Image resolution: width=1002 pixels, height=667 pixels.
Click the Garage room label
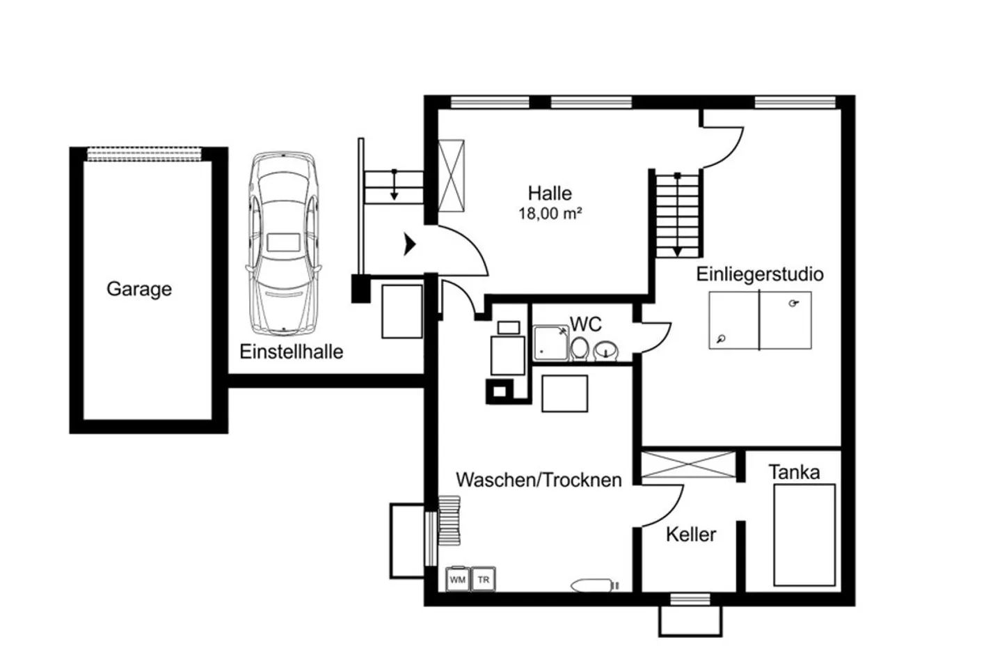pos(139,289)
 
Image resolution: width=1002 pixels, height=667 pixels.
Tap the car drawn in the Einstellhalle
pos(283,243)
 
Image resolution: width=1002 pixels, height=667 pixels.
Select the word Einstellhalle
pos(291,352)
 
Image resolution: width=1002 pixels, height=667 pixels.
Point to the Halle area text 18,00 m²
pos(550,214)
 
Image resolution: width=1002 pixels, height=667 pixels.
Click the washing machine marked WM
pos(458,579)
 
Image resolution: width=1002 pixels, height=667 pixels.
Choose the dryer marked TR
pos(483,579)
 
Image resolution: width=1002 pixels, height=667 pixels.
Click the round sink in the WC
pos(605,350)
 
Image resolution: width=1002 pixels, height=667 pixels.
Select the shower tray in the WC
pos(551,343)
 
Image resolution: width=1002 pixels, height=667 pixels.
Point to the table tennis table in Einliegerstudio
pos(760,320)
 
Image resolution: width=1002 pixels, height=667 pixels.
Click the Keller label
pos(691,535)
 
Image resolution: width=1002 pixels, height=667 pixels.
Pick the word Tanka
pos(794,472)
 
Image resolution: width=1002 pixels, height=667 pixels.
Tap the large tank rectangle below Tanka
pos(804,535)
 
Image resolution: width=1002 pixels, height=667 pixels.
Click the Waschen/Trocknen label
pos(539,480)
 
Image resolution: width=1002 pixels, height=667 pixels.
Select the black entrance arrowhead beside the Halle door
pos(409,244)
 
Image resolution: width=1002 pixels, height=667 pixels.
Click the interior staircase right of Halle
pos(678,216)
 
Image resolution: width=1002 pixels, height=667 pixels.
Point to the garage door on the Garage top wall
pos(144,155)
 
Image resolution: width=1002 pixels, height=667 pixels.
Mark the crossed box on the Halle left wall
pos(451,175)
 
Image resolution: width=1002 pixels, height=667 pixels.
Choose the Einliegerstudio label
pos(760,274)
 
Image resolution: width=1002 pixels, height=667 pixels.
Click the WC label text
pos(586,324)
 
